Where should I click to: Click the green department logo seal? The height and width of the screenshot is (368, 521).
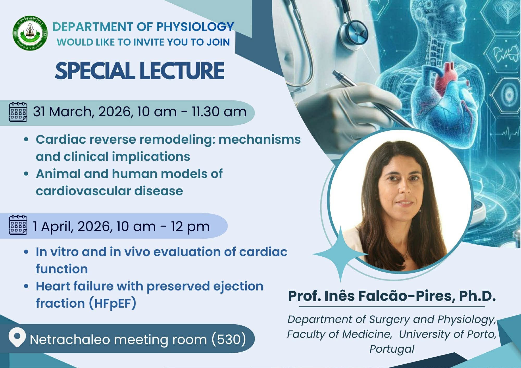click(x=30, y=33)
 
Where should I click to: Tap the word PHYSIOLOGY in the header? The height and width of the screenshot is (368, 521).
click(x=195, y=27)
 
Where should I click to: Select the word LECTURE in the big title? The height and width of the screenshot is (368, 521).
click(x=182, y=71)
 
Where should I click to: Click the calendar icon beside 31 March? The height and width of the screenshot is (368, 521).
click(x=18, y=112)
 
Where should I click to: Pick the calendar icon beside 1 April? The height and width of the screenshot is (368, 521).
click(x=18, y=225)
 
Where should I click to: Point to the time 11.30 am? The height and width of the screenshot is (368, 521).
click(x=219, y=112)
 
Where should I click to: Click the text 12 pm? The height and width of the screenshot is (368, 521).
click(x=190, y=227)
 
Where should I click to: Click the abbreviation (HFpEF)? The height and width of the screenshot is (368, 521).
click(x=112, y=303)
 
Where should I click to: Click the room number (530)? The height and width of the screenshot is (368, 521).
click(x=228, y=339)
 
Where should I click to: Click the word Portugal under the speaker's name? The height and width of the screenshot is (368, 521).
click(x=392, y=349)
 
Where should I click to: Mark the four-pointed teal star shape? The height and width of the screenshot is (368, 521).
click(x=340, y=254)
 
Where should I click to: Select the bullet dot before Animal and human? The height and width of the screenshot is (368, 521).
click(x=26, y=174)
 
